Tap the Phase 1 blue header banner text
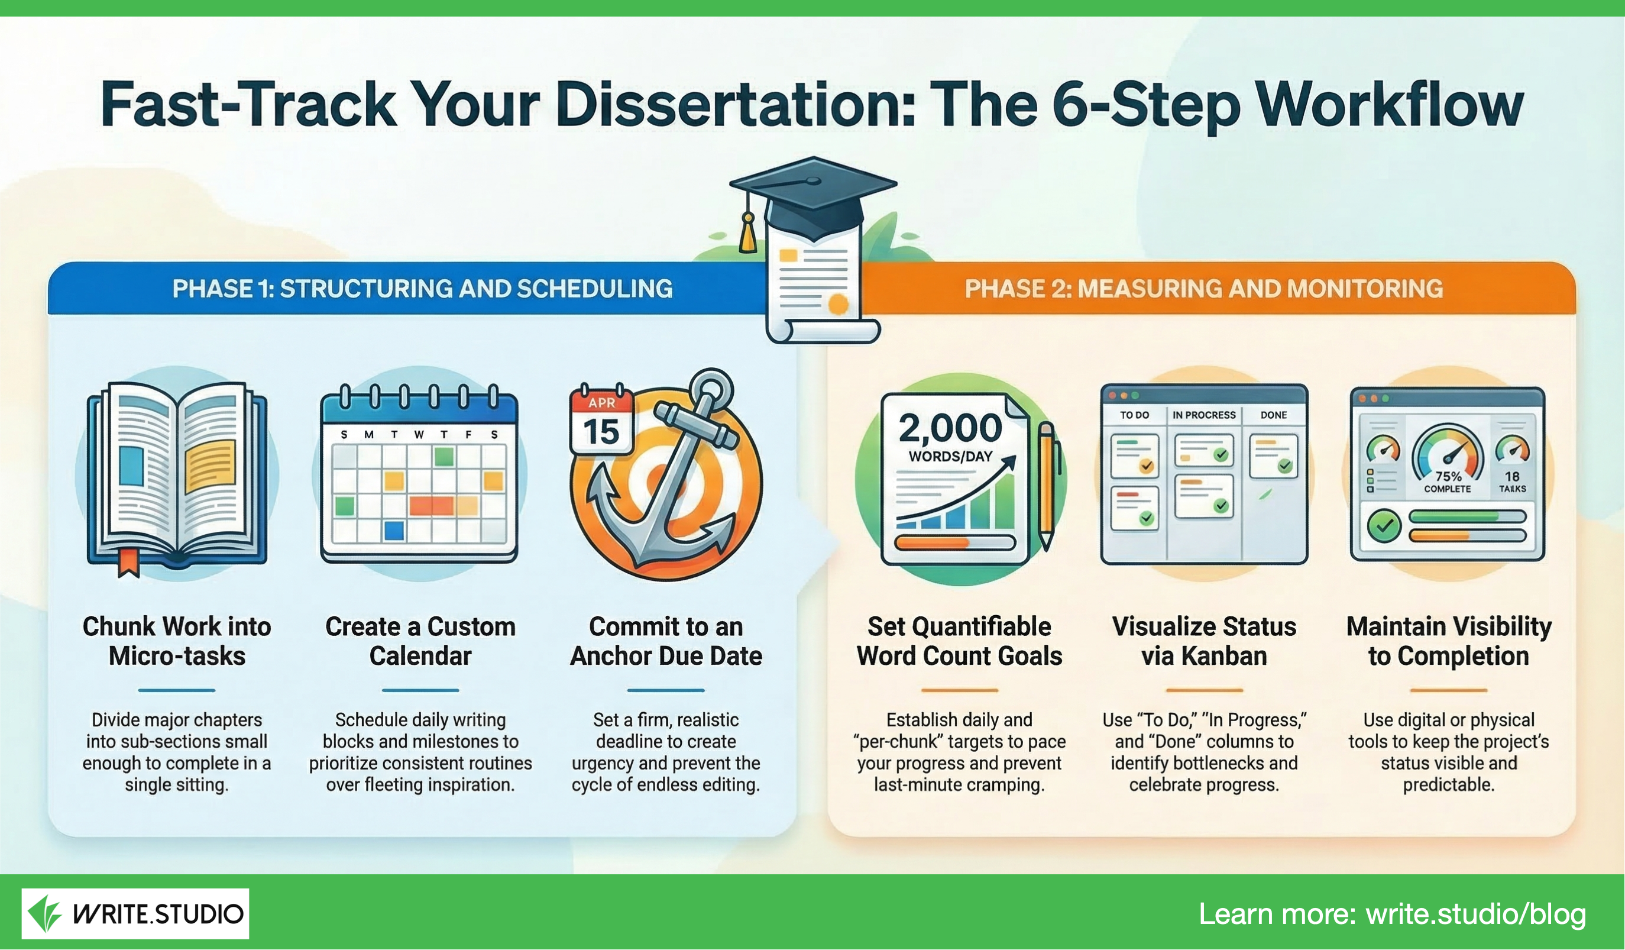click(422, 288)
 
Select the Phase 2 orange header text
click(1204, 288)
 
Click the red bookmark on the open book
click(128, 561)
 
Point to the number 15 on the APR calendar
click(601, 431)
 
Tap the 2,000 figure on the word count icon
click(950, 428)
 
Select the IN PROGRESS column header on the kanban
click(1204, 415)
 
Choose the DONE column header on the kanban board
click(1274, 415)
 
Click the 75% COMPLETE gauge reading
click(1448, 482)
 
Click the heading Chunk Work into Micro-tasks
click(177, 641)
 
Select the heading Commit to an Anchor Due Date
click(666, 641)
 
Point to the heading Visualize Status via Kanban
click(1204, 641)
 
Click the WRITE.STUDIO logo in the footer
click(135, 913)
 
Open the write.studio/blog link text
click(1475, 914)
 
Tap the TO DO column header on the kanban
click(1134, 415)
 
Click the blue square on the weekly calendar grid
click(394, 530)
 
